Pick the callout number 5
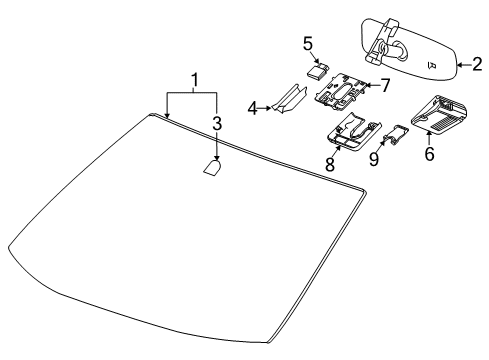(309, 44)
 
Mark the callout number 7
(385, 88)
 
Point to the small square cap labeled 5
(317, 71)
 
